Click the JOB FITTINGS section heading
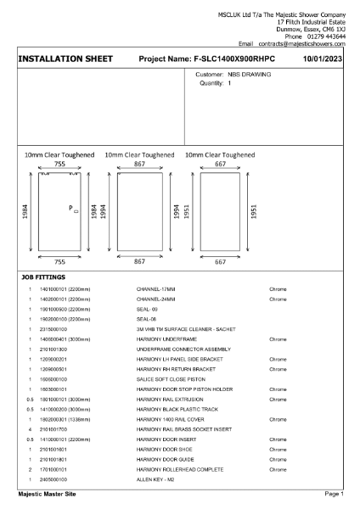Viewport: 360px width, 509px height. click(42, 278)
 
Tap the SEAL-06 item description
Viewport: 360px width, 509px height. click(149, 319)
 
